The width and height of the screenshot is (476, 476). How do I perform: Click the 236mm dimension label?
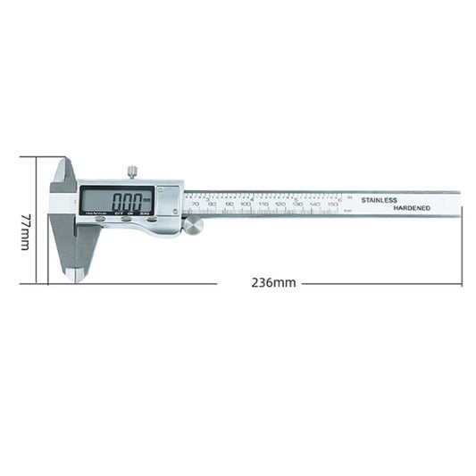click(272, 283)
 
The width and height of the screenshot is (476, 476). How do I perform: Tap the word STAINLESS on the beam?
click(380, 200)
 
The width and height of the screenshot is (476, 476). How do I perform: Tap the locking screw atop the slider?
click(131, 171)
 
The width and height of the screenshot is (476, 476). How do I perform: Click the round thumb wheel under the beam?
click(193, 225)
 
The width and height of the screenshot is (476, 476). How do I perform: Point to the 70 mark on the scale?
click(196, 205)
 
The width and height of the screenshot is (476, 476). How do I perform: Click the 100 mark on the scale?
click(246, 205)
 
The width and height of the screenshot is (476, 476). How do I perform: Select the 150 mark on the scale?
click(331, 205)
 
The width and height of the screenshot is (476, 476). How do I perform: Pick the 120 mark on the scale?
click(280, 205)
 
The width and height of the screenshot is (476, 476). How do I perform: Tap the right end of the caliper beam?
click(459, 203)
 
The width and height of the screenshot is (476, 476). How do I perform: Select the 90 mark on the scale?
click(230, 205)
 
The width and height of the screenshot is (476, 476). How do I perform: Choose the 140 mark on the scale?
click(314, 205)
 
